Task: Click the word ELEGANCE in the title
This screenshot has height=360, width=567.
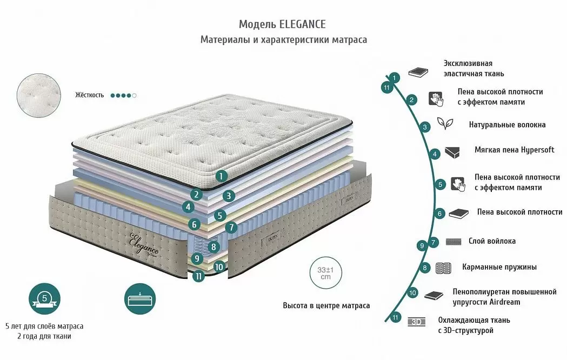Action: click(303, 24)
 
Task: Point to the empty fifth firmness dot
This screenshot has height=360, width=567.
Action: click(135, 95)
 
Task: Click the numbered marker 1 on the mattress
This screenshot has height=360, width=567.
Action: click(222, 175)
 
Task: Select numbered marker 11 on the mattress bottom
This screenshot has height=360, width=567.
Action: click(199, 276)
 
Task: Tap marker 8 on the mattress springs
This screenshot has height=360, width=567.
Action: click(214, 248)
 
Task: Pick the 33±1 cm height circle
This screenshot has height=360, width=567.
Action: click(325, 273)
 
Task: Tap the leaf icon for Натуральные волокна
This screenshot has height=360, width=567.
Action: click(445, 124)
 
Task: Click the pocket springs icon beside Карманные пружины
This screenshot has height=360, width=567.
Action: click(443, 268)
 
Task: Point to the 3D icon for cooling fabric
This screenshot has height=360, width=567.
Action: click(417, 322)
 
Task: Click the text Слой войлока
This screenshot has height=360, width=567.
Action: click(492, 242)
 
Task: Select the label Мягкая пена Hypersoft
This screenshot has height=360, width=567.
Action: click(514, 150)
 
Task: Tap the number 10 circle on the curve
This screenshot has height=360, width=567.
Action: click(413, 293)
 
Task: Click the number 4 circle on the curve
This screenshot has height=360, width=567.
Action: click(435, 154)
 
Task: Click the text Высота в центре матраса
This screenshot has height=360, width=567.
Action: click(326, 305)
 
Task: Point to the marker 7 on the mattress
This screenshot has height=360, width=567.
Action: click(231, 228)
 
